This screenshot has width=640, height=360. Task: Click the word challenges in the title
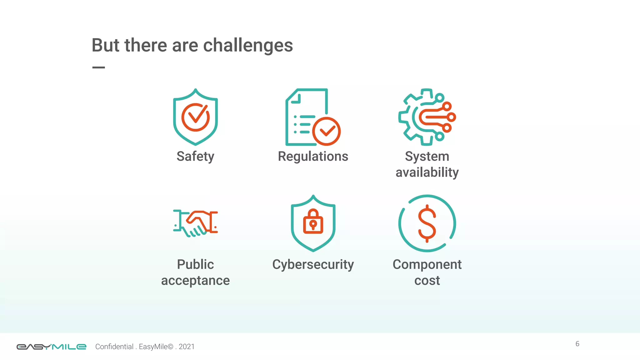(x=248, y=45)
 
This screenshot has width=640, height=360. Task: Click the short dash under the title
(x=98, y=67)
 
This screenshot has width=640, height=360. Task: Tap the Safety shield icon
(x=195, y=117)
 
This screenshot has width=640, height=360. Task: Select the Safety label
(x=195, y=156)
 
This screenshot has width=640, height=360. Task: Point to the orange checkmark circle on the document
(x=326, y=131)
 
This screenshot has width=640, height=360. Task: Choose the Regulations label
(x=313, y=156)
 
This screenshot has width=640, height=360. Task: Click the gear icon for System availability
(x=427, y=117)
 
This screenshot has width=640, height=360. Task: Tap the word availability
(x=427, y=172)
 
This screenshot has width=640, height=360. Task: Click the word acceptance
(x=195, y=281)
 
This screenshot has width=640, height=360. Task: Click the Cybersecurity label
(x=313, y=264)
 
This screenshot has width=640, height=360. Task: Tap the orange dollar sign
(x=427, y=223)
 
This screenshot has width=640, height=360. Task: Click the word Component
(x=427, y=264)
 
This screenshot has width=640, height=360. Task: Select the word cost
(x=427, y=281)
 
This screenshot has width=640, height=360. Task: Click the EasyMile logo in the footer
(x=51, y=347)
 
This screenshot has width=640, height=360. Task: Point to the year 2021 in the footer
(x=187, y=347)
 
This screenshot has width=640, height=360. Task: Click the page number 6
(x=577, y=344)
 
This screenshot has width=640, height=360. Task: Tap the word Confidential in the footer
(x=114, y=347)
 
